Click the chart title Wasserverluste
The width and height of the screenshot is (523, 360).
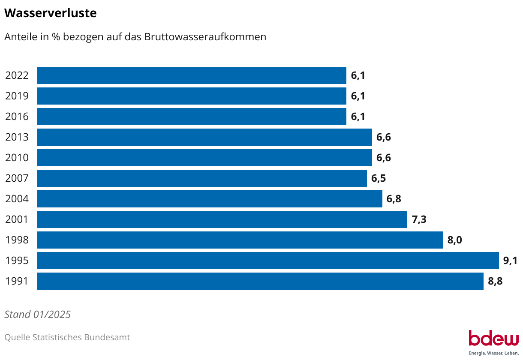tap(50, 13)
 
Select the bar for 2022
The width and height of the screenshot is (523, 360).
tap(191, 75)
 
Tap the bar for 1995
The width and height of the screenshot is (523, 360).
tap(268, 261)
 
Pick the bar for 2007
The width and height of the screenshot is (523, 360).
tap(201, 178)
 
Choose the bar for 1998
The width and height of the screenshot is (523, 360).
tap(240, 240)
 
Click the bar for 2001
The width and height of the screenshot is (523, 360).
tap(222, 219)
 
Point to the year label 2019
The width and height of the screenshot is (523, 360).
tap(17, 96)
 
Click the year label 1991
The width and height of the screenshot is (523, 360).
tap(17, 281)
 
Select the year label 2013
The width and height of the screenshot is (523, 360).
tap(17, 137)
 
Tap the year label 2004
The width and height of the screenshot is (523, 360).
tap(17, 199)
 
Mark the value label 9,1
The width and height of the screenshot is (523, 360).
tap(510, 261)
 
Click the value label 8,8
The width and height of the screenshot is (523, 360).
tap(495, 281)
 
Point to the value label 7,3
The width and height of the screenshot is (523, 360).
tap(419, 219)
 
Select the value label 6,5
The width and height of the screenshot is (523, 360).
tap(379, 178)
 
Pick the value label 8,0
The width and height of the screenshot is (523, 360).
tap(454, 240)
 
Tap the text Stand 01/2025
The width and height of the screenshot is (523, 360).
tap(37, 315)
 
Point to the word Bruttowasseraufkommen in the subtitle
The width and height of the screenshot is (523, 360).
tap(205, 37)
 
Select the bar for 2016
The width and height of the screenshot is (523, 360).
tap(191, 117)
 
